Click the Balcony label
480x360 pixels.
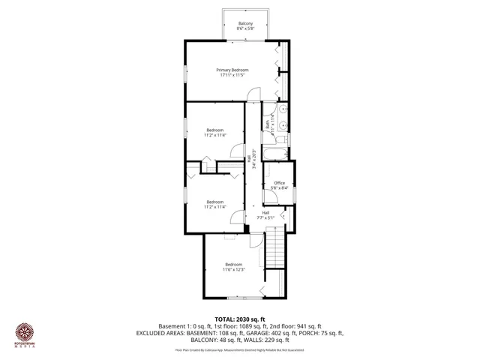[x=245, y=24]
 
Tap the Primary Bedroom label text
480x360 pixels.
[x=234, y=70]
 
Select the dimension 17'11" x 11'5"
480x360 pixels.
[x=234, y=75]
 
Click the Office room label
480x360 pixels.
[x=279, y=183]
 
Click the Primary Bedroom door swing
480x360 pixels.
[x=255, y=93]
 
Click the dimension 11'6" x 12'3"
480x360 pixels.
[x=234, y=270]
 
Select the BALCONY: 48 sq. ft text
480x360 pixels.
[x=201, y=340]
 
